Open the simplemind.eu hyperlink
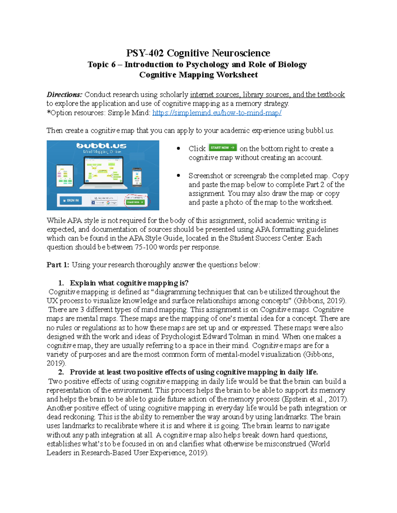click(217, 113)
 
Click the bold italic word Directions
click(64, 95)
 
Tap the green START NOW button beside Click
click(223, 148)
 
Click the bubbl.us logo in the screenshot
click(101, 146)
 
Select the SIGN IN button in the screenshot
click(71, 200)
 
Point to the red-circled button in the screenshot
click(136, 202)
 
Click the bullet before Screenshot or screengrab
click(179, 176)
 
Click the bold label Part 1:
click(58, 265)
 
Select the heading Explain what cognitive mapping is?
click(129, 283)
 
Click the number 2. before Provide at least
click(61, 372)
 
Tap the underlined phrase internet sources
click(215, 95)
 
